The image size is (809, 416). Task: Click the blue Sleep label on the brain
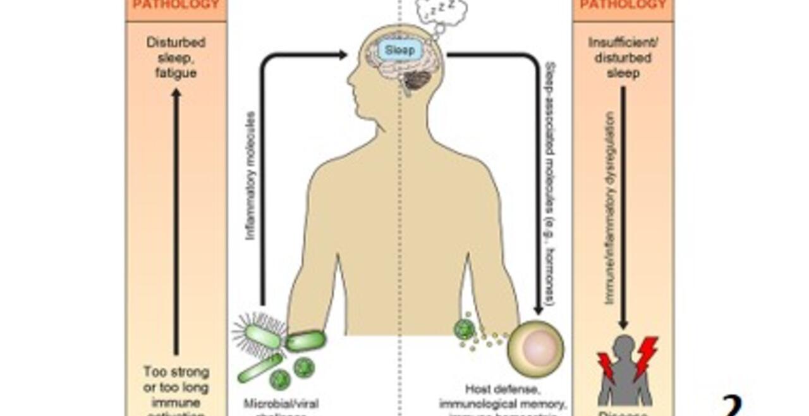pyautogui.click(x=401, y=49)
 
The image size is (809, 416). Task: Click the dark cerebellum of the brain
pyautogui.click(x=417, y=80)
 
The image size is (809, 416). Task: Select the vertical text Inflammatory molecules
pyautogui.click(x=250, y=176)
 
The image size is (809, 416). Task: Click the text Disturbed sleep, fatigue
pyautogui.click(x=176, y=58)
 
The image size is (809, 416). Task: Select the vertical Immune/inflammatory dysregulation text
pyautogui.click(x=610, y=209)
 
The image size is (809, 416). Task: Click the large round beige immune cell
pyautogui.click(x=536, y=348)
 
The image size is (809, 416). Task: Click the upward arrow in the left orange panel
pyautogui.click(x=176, y=221)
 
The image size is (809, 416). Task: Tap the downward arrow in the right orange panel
pyautogui.click(x=623, y=209)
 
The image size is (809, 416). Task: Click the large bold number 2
pyautogui.click(x=732, y=405)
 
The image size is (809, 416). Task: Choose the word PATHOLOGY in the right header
pyautogui.click(x=623, y=5)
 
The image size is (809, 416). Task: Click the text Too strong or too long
pyautogui.click(x=176, y=379)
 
